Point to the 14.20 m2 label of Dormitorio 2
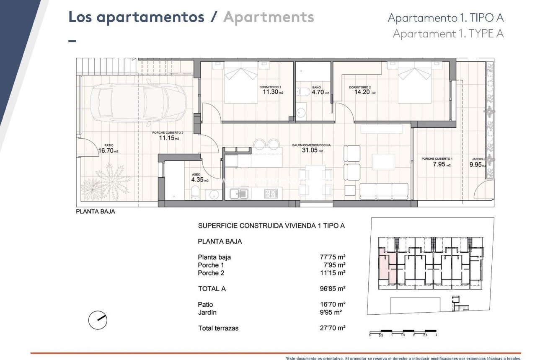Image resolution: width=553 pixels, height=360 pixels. coord(362,92)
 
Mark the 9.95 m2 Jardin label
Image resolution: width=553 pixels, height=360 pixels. coord(477,165)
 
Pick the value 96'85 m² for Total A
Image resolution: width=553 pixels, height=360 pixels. coord(332,289)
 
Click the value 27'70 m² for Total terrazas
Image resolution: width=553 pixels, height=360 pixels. coord(332,328)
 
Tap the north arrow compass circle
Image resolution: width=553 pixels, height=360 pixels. coord(98,320)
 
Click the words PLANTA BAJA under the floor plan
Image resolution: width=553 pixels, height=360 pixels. coord(96,212)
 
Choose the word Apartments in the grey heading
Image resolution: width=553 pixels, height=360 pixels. coord(269,17)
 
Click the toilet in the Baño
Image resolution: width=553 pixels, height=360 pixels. coord(302,92)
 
